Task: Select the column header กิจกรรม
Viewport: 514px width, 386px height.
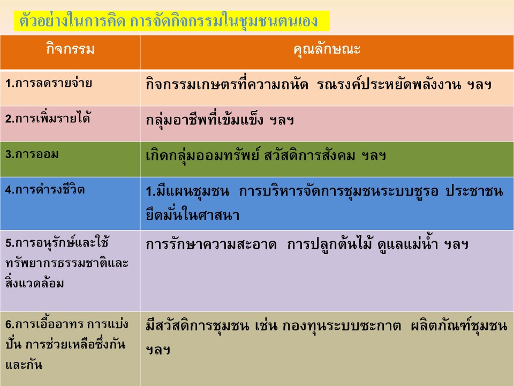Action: point(70,49)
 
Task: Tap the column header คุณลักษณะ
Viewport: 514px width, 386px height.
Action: point(327,49)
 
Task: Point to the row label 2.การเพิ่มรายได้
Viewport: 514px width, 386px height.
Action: point(48,117)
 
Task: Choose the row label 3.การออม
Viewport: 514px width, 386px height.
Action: point(32,154)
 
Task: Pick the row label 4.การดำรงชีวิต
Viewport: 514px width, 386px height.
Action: point(45,189)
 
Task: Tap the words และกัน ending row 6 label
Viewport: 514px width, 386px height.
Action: point(24,365)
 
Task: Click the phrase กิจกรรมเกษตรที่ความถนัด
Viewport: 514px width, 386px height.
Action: point(227,85)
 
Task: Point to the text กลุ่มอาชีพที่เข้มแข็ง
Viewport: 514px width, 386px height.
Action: point(205,120)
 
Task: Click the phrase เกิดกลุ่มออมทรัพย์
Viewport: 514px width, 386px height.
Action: point(203,155)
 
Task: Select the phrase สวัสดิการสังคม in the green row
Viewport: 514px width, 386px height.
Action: point(309,155)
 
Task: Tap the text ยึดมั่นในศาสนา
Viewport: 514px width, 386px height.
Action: point(193,214)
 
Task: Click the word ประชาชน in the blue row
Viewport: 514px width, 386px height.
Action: point(474,191)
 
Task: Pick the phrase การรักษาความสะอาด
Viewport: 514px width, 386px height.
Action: point(211,244)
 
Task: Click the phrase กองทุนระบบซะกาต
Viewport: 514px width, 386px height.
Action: point(341,326)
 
